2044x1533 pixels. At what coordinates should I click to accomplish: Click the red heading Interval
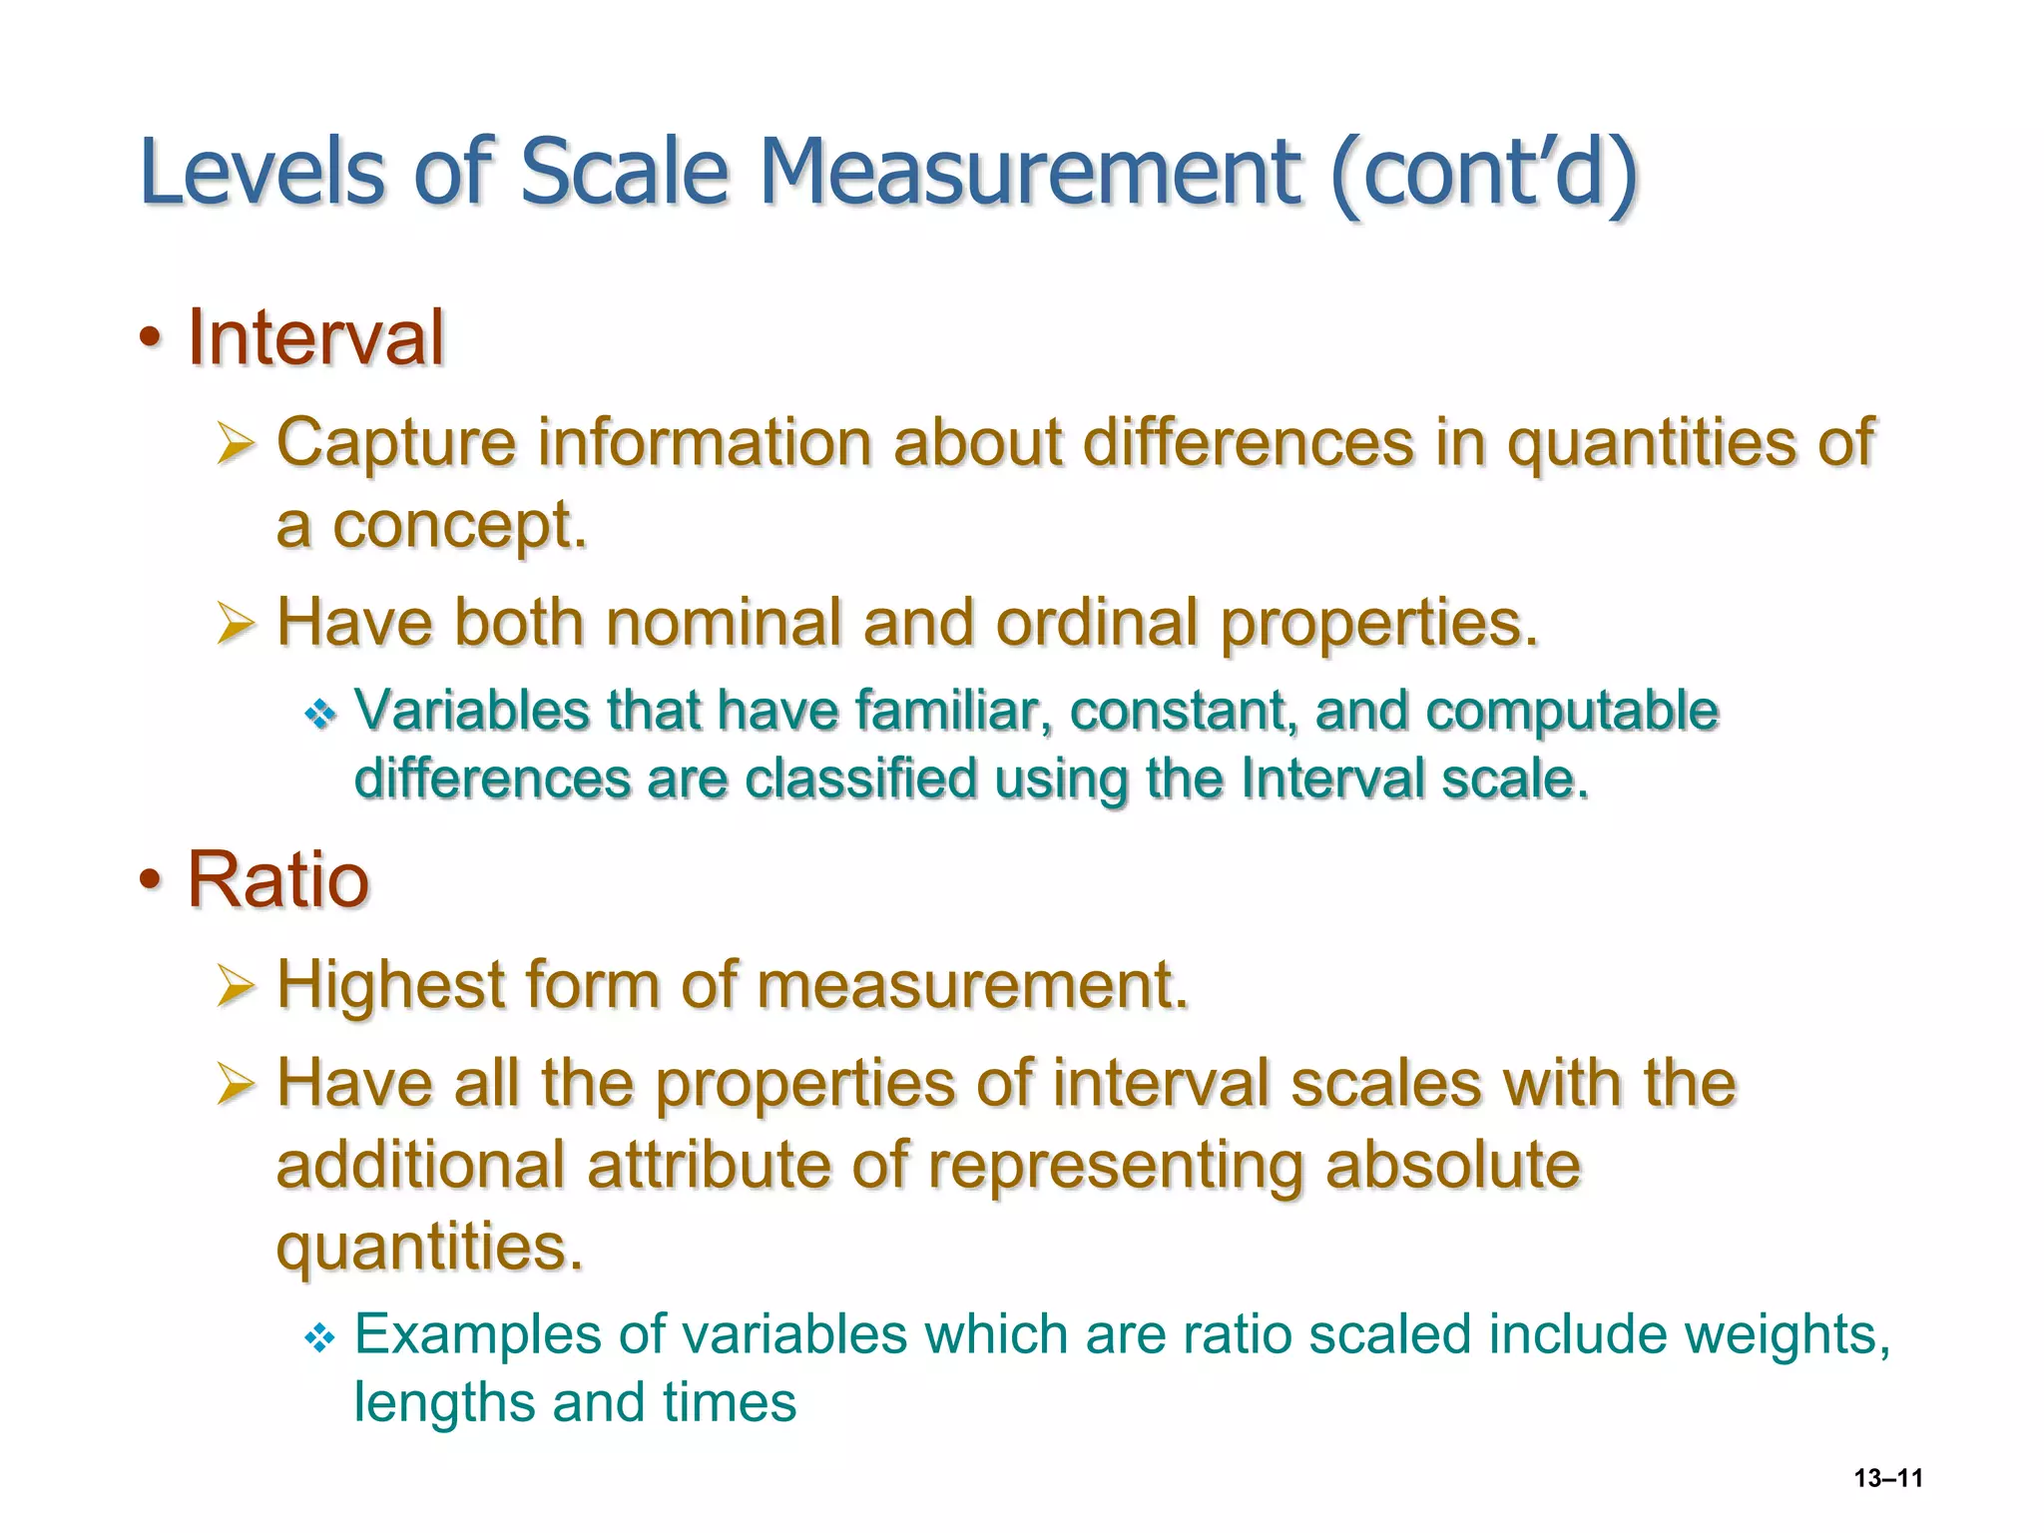point(315,338)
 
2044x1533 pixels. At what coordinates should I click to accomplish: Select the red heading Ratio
point(278,880)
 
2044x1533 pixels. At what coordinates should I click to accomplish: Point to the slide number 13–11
point(1888,1478)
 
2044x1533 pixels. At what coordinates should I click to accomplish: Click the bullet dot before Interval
point(150,338)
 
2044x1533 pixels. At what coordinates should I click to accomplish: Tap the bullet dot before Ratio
point(150,880)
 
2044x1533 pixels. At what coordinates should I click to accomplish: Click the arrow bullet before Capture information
point(237,443)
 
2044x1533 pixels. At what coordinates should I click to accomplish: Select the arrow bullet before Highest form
point(237,986)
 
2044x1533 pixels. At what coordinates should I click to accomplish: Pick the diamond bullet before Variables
point(320,713)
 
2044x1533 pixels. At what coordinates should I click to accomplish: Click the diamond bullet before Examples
point(320,1337)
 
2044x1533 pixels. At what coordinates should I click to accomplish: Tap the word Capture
point(396,443)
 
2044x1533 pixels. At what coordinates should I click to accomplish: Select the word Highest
point(391,986)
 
